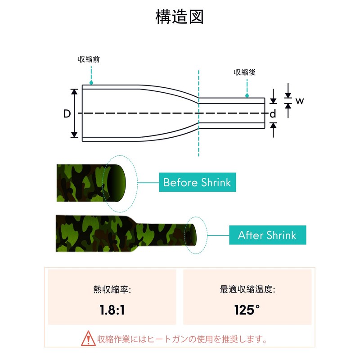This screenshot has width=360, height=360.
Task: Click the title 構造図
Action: [x=180, y=17]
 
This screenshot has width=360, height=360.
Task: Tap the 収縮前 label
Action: [x=89, y=59]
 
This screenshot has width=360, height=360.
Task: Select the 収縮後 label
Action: [x=245, y=72]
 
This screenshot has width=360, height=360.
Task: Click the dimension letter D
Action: [x=67, y=114]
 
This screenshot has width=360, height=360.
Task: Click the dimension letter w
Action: [x=300, y=101]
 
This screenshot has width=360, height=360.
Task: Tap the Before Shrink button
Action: [x=197, y=182]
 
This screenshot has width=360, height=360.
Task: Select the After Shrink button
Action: [x=267, y=235]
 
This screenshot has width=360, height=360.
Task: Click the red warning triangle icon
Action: [x=88, y=338]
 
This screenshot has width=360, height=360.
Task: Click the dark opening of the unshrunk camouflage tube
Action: [x=117, y=182]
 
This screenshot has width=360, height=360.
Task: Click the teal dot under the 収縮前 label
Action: [x=91, y=83]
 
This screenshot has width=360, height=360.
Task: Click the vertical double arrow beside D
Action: [x=75, y=113]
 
